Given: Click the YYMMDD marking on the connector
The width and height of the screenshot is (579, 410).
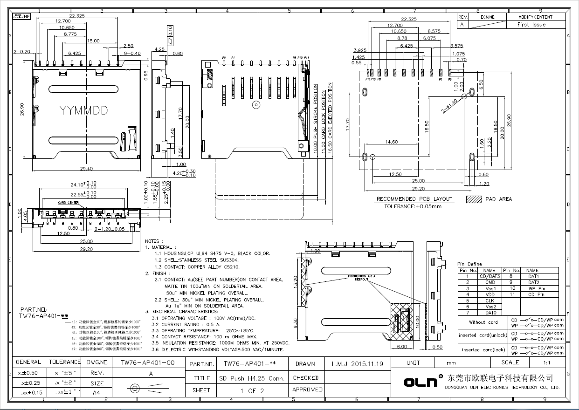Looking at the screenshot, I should (x=83, y=110).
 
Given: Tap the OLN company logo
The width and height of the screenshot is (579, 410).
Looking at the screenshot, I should (x=420, y=382).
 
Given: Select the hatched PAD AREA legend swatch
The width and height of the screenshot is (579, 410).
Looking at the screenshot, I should (x=474, y=199).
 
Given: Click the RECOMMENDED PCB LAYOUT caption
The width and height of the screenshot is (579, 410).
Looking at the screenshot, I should (x=414, y=199).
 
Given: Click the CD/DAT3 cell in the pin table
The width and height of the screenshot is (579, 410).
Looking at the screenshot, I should (x=489, y=276).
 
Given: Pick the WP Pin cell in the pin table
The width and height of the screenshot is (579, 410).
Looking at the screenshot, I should (x=537, y=288).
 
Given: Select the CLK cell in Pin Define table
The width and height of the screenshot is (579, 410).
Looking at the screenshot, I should (x=489, y=301).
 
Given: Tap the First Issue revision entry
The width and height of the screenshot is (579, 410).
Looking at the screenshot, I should (x=531, y=25).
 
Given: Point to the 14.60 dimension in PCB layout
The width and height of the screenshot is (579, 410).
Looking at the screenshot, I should (x=392, y=142).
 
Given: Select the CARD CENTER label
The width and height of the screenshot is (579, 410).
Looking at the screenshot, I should (x=68, y=203).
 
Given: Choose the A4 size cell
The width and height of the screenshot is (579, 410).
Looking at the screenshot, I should (x=96, y=393).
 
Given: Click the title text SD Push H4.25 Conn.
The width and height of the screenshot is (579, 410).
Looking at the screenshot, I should (x=252, y=378).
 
